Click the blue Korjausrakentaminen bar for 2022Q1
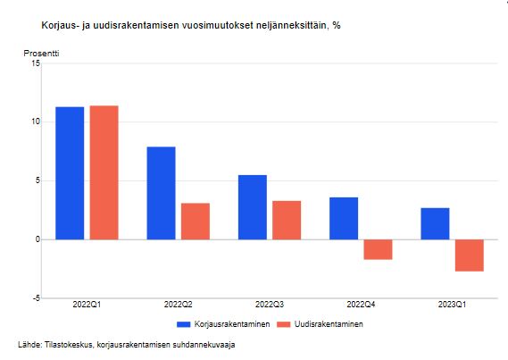point(70,173)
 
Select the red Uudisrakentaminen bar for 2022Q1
point(104,172)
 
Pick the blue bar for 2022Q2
point(161,193)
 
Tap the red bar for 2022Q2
point(196,222)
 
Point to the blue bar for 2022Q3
point(253,207)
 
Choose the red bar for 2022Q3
point(287,220)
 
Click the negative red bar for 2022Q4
point(378,249)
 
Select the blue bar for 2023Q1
point(435,223)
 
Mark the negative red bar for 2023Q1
point(470,255)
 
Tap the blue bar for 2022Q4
point(344,218)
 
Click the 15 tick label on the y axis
point(36,63)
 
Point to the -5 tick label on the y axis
point(37,297)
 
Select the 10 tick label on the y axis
point(36,121)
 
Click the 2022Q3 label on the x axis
point(270,305)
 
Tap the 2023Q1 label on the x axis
point(452,305)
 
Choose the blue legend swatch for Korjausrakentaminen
point(183,324)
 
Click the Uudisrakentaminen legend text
point(329,324)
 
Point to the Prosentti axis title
point(41,54)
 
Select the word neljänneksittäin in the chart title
point(291,25)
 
